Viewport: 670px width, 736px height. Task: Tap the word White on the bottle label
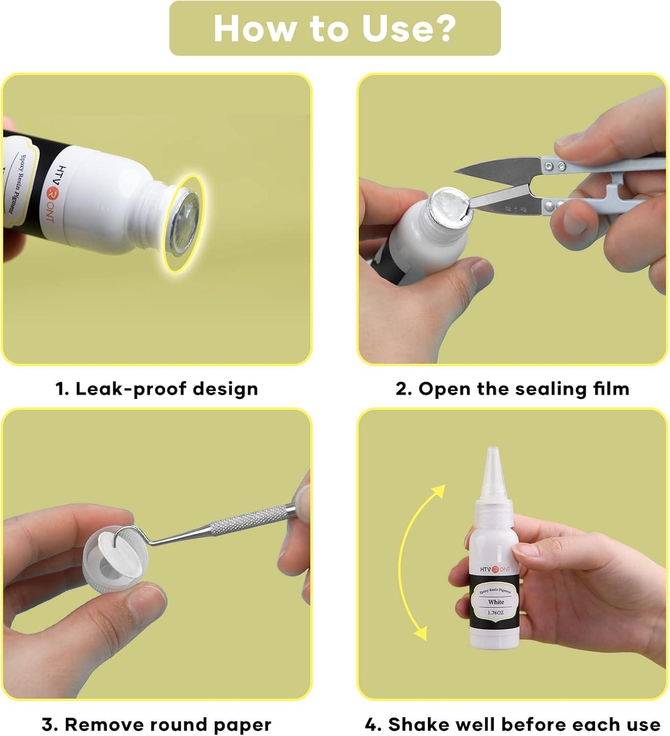coord(496,602)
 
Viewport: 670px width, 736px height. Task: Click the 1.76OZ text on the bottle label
coord(496,613)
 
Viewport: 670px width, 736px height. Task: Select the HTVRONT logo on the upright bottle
coord(495,569)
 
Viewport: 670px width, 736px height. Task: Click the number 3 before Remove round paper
coord(47,725)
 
